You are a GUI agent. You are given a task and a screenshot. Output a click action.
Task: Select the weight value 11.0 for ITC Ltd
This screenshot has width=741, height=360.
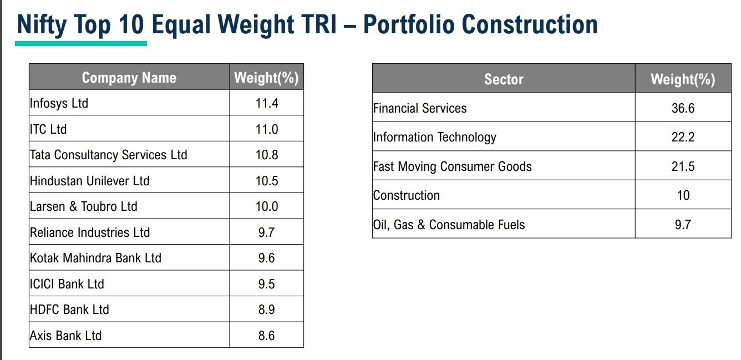coord(267,129)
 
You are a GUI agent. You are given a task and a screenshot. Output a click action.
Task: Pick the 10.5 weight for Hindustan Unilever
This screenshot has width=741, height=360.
coord(267,181)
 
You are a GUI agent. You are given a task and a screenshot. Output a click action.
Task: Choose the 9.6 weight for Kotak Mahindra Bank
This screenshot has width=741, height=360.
coord(267,258)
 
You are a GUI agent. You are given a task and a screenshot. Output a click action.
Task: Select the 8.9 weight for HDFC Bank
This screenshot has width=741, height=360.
coord(267,310)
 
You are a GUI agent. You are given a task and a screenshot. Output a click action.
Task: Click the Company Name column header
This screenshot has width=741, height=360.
coord(129,78)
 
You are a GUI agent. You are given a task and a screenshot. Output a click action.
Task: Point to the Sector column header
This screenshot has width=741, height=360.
coord(504,79)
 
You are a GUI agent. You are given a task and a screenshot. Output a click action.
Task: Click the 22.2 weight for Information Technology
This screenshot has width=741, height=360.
coord(683,137)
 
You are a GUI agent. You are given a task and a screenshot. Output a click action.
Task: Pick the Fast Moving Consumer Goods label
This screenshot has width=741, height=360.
coord(452,166)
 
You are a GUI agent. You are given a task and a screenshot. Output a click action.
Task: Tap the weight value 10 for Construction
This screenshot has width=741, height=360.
coord(683,195)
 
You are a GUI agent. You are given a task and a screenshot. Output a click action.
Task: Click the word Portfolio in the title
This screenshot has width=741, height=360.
coord(409,25)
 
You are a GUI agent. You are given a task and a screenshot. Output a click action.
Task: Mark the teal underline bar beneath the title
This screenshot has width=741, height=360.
coord(81,43)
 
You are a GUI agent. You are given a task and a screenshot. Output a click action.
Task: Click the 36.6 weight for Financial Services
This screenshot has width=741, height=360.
coord(683,108)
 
